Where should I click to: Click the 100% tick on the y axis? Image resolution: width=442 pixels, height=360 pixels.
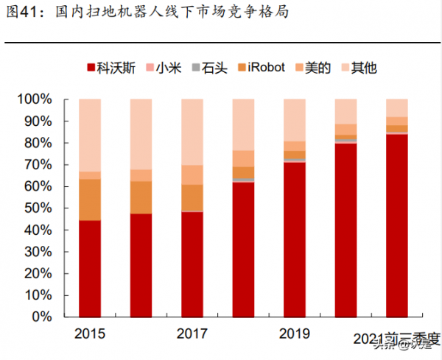pos(35,99)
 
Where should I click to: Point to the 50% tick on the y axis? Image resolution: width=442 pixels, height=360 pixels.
pos(38,208)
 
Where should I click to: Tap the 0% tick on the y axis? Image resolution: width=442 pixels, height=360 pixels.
pos(42,317)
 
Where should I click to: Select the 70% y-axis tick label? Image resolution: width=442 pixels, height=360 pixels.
pos(38,165)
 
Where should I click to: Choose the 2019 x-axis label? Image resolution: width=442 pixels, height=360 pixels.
pos(294,334)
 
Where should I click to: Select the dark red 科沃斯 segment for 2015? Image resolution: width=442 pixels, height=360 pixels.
pos(89,269)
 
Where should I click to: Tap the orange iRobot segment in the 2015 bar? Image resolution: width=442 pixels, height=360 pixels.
pos(89,200)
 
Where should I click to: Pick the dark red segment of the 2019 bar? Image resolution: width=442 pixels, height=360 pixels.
pos(294,239)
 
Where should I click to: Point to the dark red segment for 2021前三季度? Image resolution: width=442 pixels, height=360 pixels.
pos(396,225)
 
